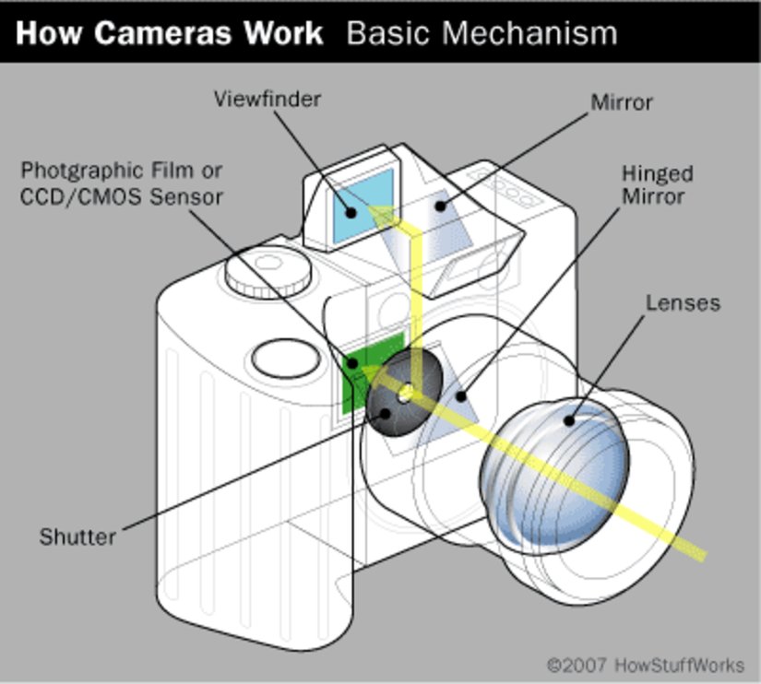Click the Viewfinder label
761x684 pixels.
267,99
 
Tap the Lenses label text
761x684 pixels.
683,302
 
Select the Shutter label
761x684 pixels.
77,536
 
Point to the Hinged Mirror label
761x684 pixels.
657,184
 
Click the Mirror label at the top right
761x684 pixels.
621,101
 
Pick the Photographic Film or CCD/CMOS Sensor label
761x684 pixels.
122,183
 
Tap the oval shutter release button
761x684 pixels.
285,359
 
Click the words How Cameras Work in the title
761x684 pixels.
171,34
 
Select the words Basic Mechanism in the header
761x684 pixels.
482,34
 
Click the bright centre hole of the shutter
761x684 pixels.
406,394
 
